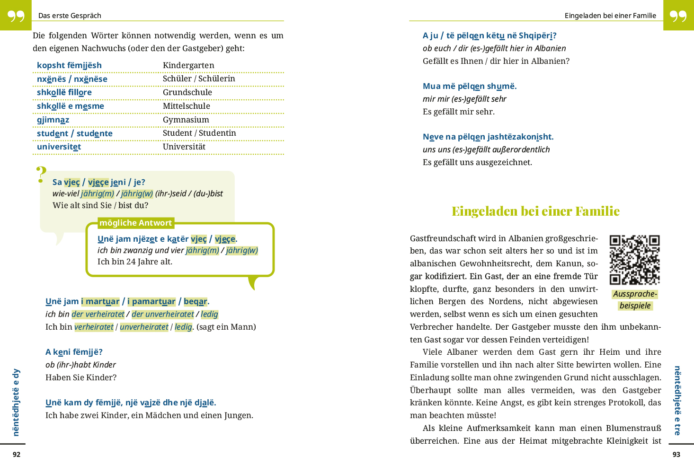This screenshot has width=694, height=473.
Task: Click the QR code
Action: click(634, 260)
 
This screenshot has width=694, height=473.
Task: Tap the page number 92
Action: click(17, 455)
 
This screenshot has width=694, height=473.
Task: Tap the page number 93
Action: click(676, 455)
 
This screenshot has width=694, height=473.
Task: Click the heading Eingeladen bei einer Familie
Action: click(535, 211)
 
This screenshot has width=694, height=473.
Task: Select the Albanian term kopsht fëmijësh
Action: click(69, 65)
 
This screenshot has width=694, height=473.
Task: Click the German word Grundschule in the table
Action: click(187, 92)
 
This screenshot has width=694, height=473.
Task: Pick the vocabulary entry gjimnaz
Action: click(53, 120)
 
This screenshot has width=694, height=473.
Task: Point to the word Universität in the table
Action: click(184, 147)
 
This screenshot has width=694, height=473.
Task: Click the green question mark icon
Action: click(41, 175)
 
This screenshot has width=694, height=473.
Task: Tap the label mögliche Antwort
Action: click(135, 223)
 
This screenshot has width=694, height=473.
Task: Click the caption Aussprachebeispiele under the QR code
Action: click(635, 299)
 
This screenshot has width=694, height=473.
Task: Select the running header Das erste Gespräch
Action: click(70, 16)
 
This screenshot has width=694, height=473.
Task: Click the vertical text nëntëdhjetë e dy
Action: click(16, 402)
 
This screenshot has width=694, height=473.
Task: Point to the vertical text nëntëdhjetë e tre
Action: click(677, 400)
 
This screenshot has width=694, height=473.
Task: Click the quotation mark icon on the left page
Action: click(16, 16)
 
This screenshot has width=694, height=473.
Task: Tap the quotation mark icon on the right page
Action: click(678, 16)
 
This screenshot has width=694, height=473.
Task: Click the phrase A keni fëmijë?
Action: click(74, 352)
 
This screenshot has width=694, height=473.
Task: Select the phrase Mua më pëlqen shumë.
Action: click(469, 86)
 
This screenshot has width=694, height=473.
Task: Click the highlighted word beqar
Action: click(195, 301)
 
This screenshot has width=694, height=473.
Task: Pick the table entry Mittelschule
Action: click(186, 106)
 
